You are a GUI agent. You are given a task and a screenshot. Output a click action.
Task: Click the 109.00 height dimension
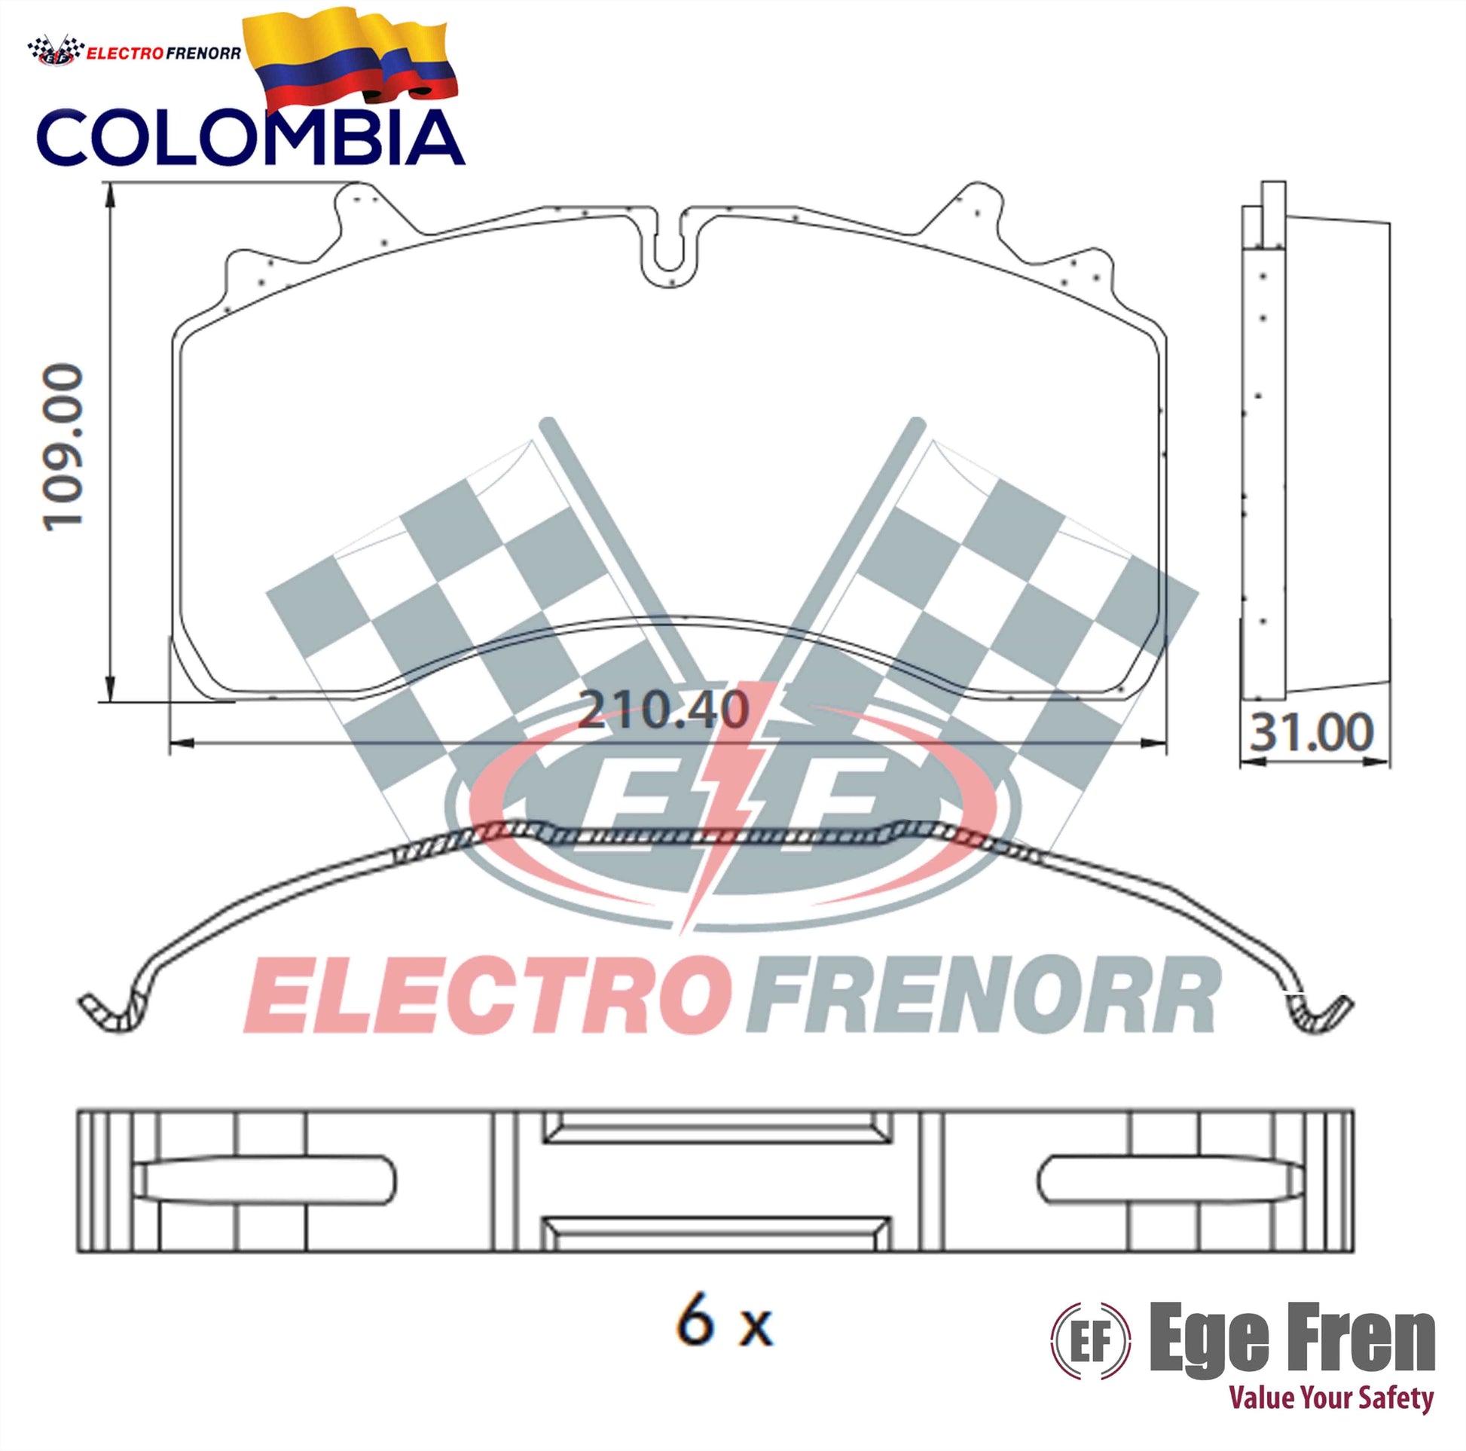click(64, 447)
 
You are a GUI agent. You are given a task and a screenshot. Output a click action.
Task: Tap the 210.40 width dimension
click(663, 710)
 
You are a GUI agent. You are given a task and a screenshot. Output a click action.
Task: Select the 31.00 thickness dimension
click(1312, 732)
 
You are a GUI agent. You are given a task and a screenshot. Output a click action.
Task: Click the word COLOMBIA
click(250, 137)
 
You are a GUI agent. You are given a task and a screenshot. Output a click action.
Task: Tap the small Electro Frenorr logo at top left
click(134, 51)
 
